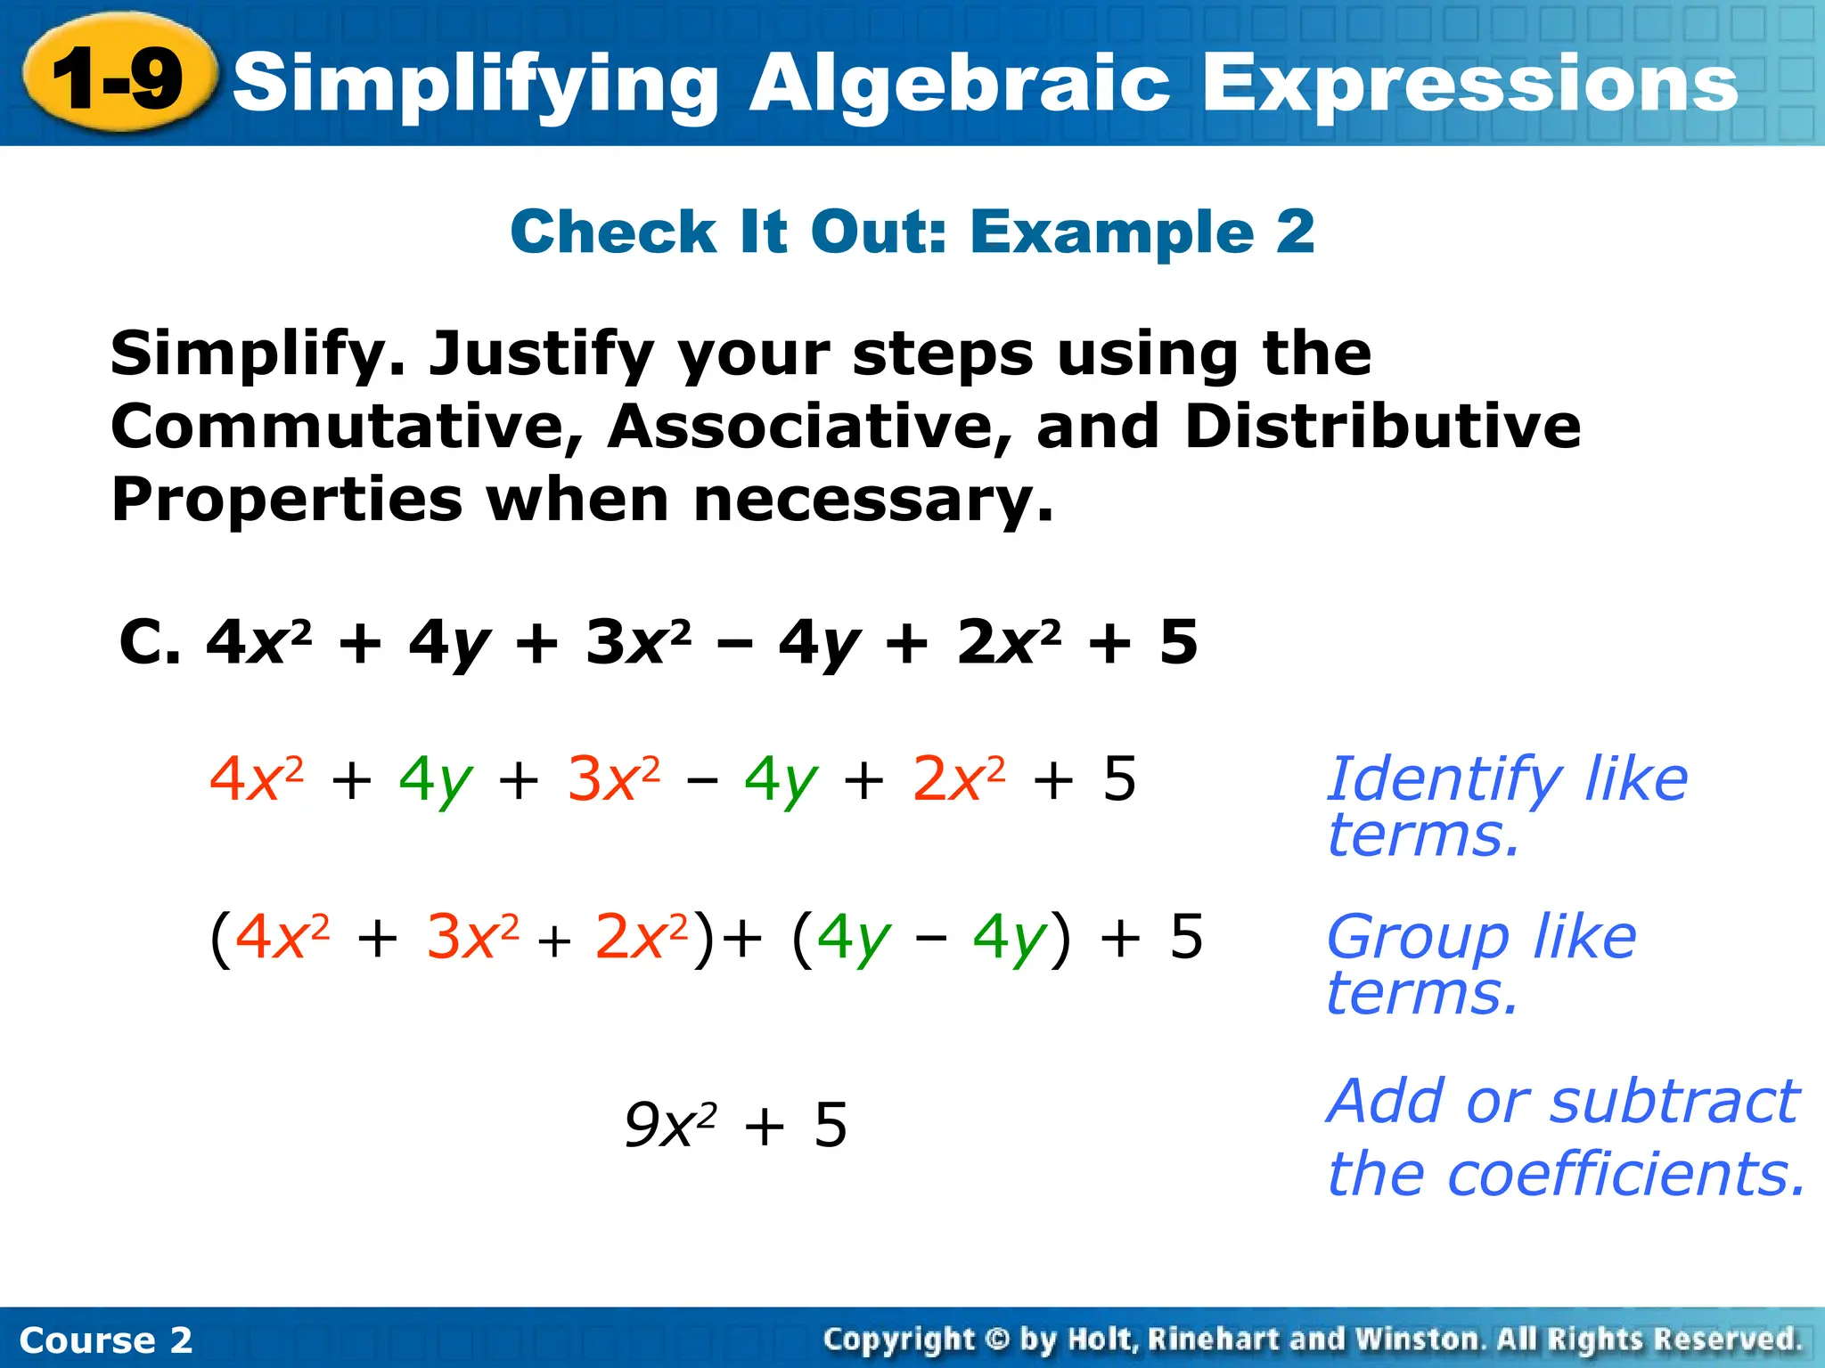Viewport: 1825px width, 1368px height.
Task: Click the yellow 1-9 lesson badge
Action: (x=119, y=79)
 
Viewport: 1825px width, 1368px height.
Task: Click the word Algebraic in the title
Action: (x=958, y=83)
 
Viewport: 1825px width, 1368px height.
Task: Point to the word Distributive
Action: (x=1382, y=426)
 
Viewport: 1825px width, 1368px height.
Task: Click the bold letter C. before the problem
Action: (x=149, y=642)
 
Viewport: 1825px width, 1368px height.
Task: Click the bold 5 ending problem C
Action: (x=1178, y=642)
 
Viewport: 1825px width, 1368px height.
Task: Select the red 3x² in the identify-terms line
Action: (x=614, y=779)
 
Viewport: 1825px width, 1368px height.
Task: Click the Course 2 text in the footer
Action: (x=105, y=1340)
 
